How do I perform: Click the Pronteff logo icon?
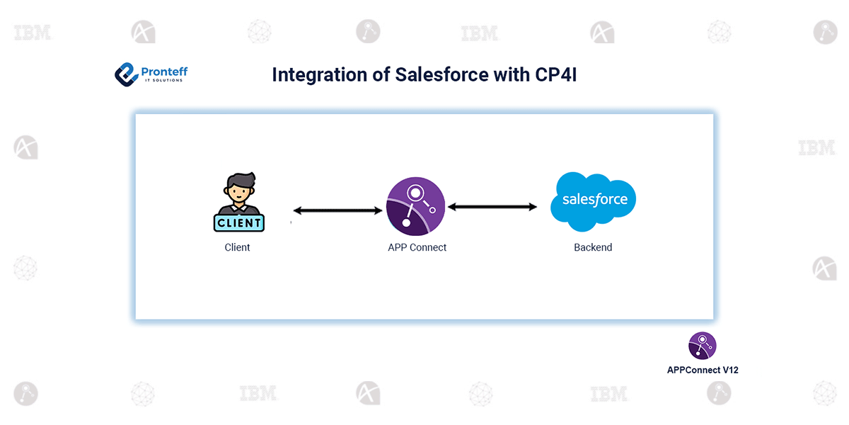127,74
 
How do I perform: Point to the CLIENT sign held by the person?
238,222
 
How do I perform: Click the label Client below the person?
238,247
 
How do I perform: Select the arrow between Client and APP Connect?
337,210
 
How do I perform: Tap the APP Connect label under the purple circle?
417,247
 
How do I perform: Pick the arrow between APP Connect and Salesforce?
492,207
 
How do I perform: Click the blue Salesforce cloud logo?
594,200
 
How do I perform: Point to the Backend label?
593,247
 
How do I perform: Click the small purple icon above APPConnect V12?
703,346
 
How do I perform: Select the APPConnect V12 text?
703,370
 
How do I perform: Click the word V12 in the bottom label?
729,370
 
